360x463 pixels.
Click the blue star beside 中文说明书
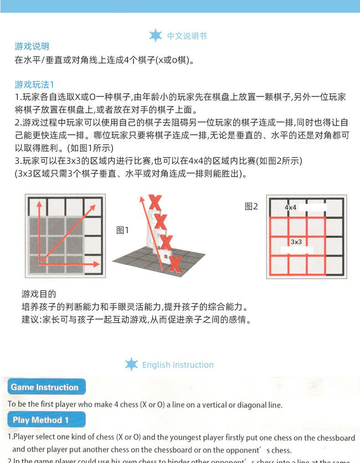click(156, 36)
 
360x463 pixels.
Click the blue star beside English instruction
click(131, 364)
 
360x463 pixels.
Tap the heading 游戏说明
click(32, 47)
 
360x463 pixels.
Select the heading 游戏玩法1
click(35, 84)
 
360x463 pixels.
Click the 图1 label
click(123, 230)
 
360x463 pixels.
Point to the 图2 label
click(251, 207)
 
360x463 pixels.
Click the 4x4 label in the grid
click(291, 208)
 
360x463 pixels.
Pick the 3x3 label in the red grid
click(296, 242)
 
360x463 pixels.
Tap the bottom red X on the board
click(175, 265)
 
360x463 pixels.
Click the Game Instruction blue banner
click(45, 387)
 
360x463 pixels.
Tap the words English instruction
click(178, 365)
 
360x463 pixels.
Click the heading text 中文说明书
click(187, 36)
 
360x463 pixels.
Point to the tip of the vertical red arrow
click(39, 203)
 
